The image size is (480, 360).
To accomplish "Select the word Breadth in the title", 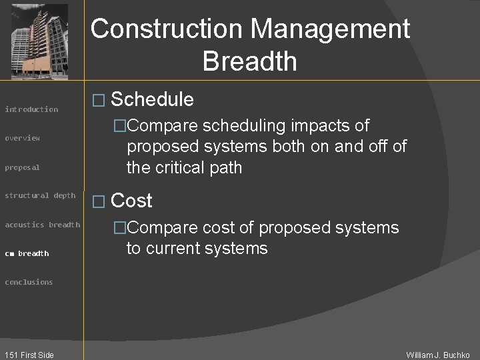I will pos(249,61).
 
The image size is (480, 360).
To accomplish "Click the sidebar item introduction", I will pos(31,109).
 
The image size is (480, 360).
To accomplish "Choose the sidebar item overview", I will pos(23,138).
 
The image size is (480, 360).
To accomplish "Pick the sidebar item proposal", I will pos(23,167).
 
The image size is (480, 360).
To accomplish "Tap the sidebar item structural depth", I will pos(40,195).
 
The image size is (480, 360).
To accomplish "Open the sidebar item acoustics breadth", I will pos(42,225).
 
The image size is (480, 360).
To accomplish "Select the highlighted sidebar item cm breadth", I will pos(27,253).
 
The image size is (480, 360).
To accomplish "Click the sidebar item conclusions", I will pos(29,282).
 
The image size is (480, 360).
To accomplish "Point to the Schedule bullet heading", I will pos(152,100).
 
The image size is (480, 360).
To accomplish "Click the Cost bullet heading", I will pos(132,201).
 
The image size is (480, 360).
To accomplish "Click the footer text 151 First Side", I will pos(28,355).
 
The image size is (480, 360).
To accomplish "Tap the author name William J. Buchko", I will pos(438,355).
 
